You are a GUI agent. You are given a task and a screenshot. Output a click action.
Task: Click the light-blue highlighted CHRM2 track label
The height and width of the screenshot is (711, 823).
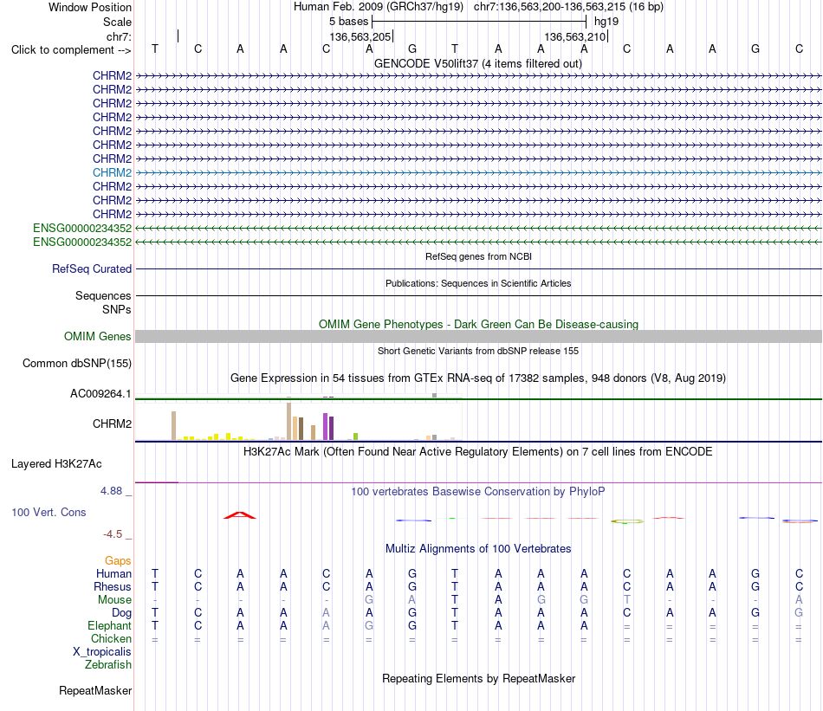click(112, 172)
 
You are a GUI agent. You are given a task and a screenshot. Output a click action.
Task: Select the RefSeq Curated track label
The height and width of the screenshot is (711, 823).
click(91, 268)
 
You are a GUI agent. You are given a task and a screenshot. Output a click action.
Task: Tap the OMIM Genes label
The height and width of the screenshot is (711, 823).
click(97, 336)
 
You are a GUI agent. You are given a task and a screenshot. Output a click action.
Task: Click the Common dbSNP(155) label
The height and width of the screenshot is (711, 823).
click(76, 363)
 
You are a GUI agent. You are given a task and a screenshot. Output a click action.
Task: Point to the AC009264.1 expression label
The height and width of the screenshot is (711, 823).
click(100, 393)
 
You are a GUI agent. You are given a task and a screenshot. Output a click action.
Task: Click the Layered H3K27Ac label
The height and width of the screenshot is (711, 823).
click(56, 464)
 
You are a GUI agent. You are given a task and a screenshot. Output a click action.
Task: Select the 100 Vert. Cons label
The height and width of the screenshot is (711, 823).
click(49, 512)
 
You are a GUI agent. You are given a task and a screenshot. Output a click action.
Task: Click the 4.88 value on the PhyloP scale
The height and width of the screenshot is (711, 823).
click(111, 491)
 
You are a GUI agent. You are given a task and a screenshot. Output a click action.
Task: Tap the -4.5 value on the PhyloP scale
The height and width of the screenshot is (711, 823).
click(113, 534)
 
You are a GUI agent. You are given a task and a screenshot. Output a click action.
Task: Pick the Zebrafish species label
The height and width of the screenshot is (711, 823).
click(108, 665)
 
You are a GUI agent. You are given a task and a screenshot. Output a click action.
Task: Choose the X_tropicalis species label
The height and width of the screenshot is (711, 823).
click(102, 652)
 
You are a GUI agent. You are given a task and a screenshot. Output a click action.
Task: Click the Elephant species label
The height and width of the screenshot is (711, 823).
click(109, 625)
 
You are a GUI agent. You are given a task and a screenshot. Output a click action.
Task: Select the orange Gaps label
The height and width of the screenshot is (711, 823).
click(118, 561)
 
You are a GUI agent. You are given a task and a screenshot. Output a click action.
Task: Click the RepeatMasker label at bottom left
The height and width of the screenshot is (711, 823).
click(95, 690)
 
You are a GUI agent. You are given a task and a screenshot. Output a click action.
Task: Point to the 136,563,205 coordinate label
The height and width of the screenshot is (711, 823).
click(360, 36)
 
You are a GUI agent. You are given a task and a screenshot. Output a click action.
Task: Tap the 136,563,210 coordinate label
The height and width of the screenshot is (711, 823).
click(575, 36)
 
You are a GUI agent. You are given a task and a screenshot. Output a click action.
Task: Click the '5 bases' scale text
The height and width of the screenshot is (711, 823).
click(348, 22)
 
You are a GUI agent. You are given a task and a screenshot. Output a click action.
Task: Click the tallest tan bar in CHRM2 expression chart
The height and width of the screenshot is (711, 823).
click(288, 422)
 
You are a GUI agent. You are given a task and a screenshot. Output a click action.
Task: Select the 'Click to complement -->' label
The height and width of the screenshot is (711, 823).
click(71, 50)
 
